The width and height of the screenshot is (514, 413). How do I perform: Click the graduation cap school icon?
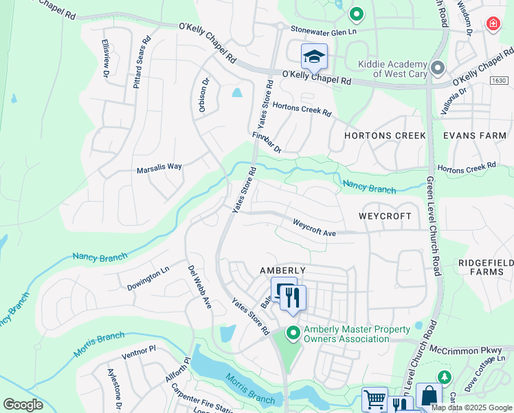pyautogui.click(x=314, y=56)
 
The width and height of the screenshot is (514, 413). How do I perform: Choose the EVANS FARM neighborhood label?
pyautogui.click(x=474, y=136)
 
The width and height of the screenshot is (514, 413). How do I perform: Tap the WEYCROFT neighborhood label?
pyautogui.click(x=385, y=216)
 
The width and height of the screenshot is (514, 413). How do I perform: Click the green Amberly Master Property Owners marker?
pyautogui.click(x=293, y=333)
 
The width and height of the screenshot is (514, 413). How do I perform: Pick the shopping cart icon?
pyautogui.click(x=375, y=399)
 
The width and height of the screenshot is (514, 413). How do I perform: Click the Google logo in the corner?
pyautogui.click(x=23, y=405)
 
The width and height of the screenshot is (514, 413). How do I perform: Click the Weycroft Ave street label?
pyautogui.click(x=314, y=228)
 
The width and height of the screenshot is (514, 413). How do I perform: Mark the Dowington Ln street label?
pyautogui.click(x=148, y=278)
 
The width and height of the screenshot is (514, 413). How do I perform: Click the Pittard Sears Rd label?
pyautogui.click(x=139, y=61)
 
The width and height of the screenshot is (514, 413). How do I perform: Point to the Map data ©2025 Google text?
pyautogui.click(x=472, y=407)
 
